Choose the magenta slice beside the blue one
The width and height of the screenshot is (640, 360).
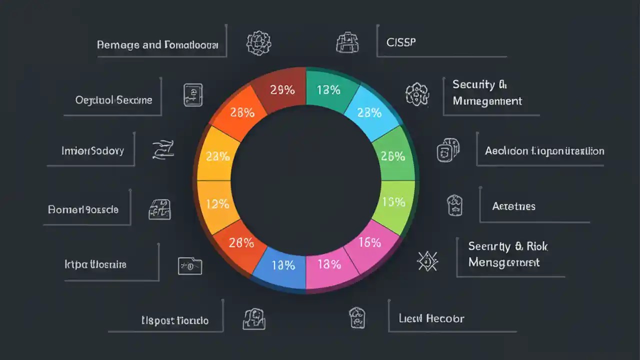329,267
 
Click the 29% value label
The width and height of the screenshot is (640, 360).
282,90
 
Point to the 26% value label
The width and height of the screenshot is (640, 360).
392,156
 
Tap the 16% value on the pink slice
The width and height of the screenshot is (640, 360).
370,242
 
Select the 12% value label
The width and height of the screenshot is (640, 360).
217,203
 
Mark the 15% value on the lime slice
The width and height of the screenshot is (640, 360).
393,202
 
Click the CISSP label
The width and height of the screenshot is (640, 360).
401,42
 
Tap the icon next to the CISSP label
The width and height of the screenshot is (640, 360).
347,42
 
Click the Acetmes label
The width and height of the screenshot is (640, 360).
513,206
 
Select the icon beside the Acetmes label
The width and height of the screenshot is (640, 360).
454,205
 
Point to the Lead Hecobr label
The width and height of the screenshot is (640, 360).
431,318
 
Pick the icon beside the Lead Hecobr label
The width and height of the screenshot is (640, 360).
357,318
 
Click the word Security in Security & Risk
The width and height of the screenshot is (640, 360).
489,246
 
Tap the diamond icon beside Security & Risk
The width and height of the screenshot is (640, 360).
427,260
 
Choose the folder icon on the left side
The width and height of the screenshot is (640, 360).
190,265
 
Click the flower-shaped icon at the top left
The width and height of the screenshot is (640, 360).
258,43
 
